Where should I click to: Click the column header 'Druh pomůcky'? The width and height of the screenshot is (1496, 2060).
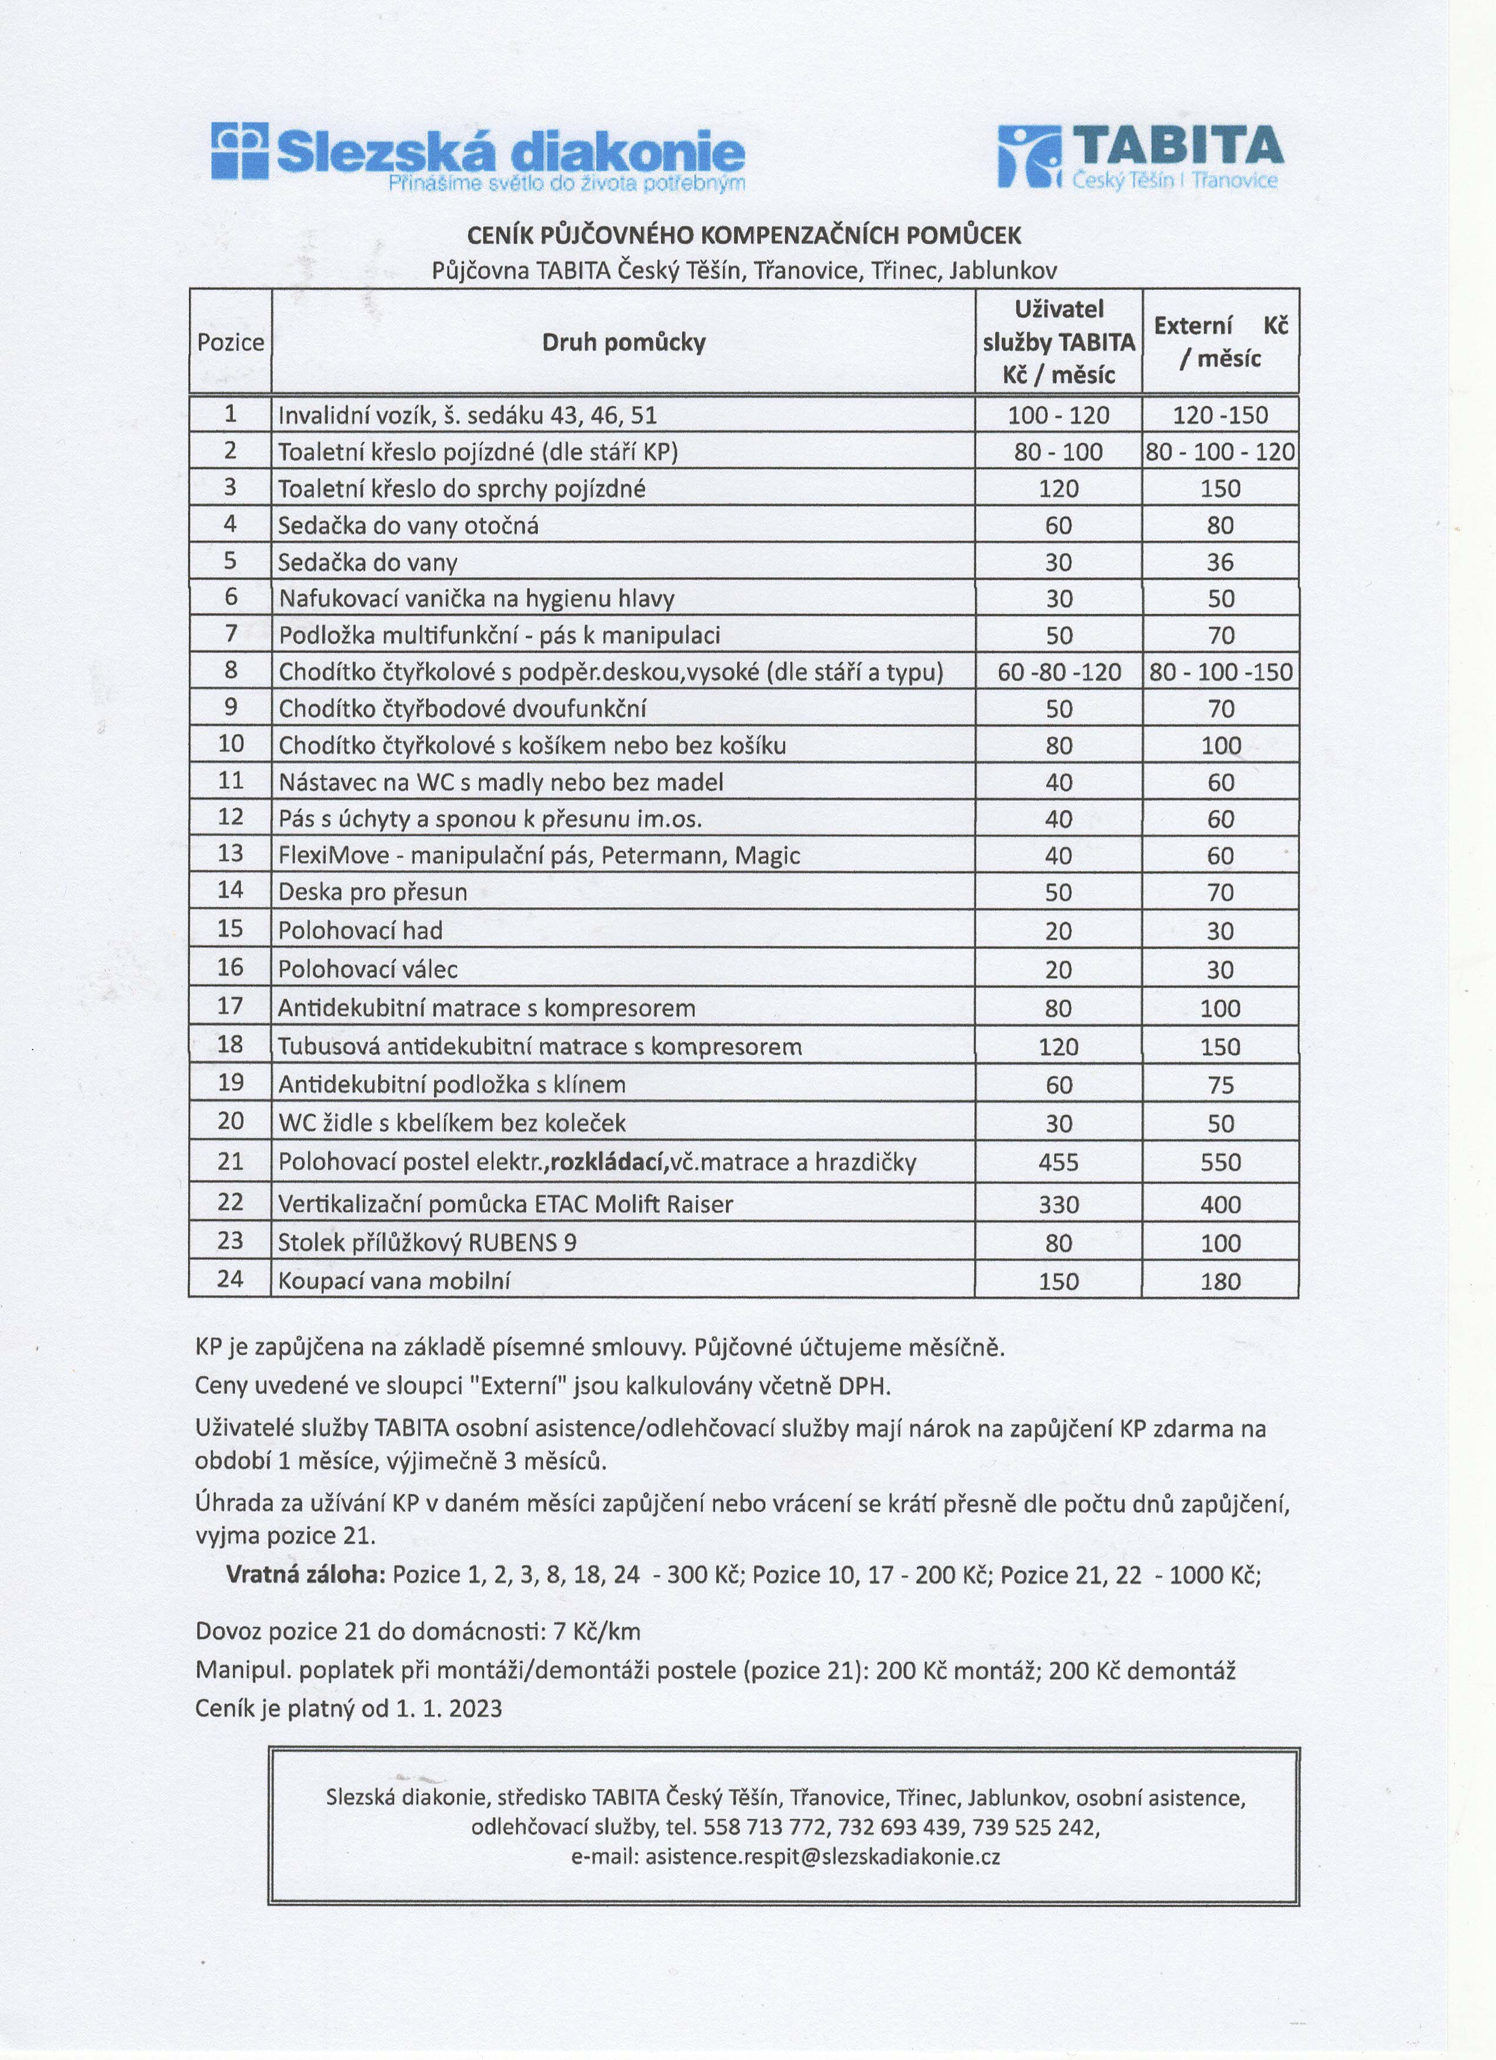pos(623,342)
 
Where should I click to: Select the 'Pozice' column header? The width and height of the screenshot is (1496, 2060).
pos(231,342)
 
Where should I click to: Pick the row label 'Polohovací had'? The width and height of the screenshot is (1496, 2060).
pos(360,931)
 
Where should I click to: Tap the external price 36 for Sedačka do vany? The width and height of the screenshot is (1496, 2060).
pos(1220,562)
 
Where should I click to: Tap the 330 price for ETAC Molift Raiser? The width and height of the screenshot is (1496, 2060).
pos(1058,1205)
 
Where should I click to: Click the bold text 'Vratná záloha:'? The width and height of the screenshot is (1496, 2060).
pos(305,1574)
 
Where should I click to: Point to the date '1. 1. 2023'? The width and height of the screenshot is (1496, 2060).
pos(449,1708)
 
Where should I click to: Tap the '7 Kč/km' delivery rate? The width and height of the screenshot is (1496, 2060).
pos(596,1631)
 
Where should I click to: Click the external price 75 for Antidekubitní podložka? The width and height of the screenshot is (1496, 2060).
pos(1220,1085)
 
